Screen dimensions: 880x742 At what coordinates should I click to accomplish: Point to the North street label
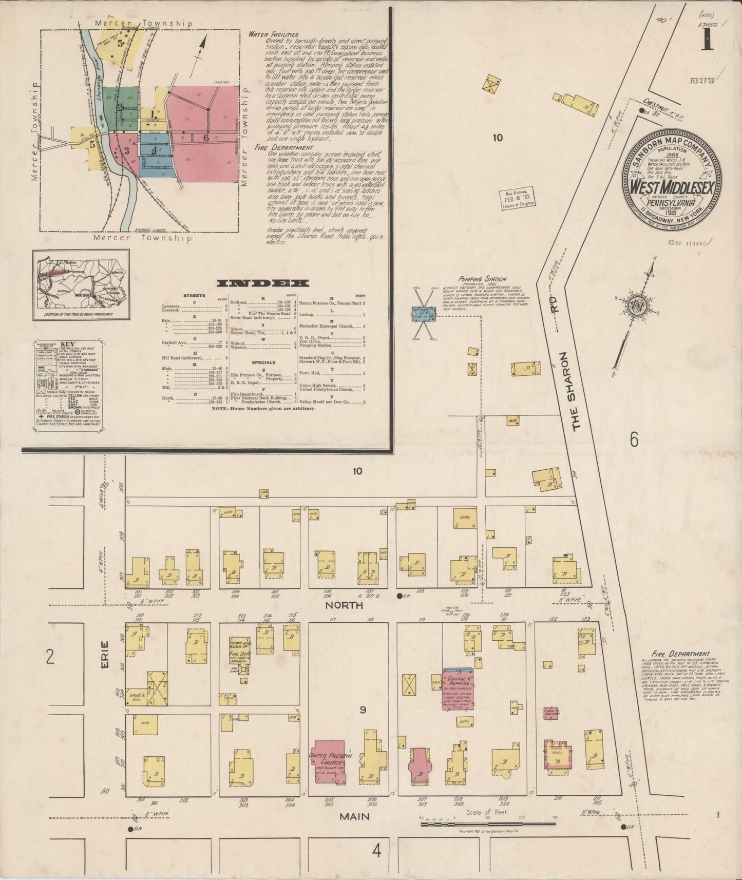pyautogui.click(x=344, y=605)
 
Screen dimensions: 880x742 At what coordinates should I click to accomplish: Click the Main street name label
pyautogui.click(x=354, y=815)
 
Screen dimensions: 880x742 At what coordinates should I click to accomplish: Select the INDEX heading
pyautogui.click(x=263, y=283)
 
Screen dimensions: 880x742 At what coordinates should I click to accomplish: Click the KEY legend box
pyautogui.click(x=68, y=385)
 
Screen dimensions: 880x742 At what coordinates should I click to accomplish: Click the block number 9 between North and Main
pyautogui.click(x=363, y=711)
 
